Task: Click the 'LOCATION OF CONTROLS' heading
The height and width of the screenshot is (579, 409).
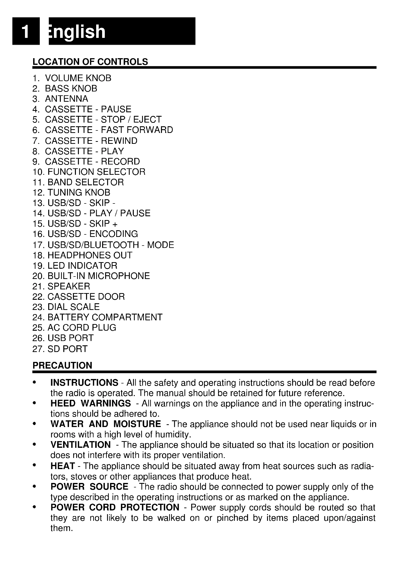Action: click(90, 62)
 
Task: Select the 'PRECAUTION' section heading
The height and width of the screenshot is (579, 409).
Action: click(62, 365)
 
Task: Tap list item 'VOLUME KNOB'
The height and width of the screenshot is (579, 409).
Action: click(78, 78)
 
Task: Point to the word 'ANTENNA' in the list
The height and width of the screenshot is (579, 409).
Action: click(67, 99)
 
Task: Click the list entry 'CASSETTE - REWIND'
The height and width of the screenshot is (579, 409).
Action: click(91, 141)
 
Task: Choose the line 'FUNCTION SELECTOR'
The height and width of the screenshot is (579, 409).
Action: click(96, 172)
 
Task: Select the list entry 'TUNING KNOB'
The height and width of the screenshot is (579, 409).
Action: click(79, 192)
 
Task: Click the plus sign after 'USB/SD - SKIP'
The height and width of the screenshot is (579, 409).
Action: click(115, 224)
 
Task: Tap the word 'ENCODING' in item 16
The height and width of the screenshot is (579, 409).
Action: click(114, 234)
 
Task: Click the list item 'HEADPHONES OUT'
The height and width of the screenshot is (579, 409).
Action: click(90, 255)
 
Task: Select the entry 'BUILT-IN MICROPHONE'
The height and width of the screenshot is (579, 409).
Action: click(98, 276)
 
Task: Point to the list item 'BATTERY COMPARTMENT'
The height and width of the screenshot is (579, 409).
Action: click(105, 317)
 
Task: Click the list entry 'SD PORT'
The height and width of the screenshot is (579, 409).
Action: click(67, 349)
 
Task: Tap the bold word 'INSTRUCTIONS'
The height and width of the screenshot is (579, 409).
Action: click(84, 382)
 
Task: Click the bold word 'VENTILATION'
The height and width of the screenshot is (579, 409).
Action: click(80, 445)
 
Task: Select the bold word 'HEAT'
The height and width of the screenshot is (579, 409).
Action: click(63, 466)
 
